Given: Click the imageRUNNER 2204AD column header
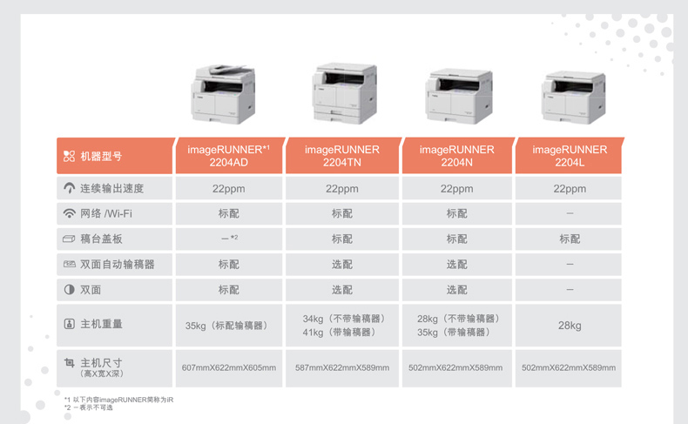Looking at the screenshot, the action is click(228, 156).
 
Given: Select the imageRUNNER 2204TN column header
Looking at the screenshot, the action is click(342, 156).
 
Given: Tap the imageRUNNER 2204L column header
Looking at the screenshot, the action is click(570, 156).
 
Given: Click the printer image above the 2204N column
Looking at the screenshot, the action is click(458, 96).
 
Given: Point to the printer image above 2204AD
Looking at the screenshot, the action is click(223, 94).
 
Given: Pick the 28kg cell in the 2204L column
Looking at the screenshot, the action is click(570, 326).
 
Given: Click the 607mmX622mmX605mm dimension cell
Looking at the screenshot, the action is click(228, 368).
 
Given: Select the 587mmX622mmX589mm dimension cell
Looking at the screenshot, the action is click(342, 368).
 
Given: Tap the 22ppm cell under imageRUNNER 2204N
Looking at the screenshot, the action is click(456, 189).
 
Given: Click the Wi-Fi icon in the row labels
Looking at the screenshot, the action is click(70, 213).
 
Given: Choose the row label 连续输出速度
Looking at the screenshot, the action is click(111, 189).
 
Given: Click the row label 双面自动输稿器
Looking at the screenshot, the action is click(118, 265).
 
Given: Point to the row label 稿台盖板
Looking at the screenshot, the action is click(101, 239).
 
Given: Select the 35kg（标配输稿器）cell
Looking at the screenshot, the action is click(226, 326).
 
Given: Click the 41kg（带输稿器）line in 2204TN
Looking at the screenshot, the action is click(340, 333).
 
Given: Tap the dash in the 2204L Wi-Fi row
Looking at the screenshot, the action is click(570, 213).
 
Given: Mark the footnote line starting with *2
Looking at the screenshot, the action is click(89, 407).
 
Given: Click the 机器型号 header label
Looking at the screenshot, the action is click(101, 157).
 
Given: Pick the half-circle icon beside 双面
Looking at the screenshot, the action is click(70, 289).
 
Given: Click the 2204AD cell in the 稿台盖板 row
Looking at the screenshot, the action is click(229, 239).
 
